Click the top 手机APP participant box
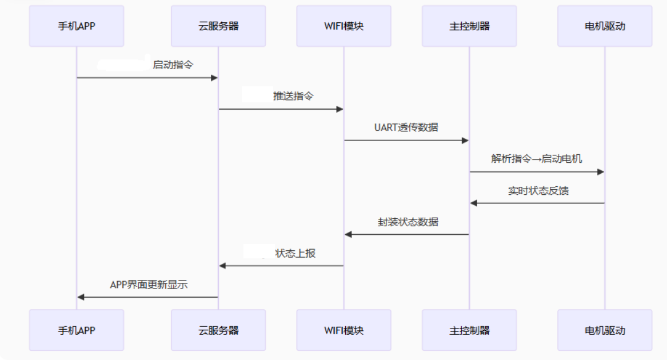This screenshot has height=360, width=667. (x=76, y=26)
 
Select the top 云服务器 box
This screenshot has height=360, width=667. (x=218, y=26)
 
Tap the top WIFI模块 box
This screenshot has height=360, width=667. (x=344, y=26)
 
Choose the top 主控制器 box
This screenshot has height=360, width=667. (x=469, y=26)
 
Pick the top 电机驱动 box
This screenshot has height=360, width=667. (x=605, y=26)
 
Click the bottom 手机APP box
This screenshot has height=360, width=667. (x=76, y=330)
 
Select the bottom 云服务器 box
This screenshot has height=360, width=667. (x=218, y=330)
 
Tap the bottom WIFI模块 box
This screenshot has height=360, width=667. (x=344, y=330)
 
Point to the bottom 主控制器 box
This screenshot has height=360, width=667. (x=469, y=330)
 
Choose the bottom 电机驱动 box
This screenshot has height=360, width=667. (x=605, y=330)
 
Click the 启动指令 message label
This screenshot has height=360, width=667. (x=173, y=65)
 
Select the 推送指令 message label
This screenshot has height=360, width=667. (x=293, y=96)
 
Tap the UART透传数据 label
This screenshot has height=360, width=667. (x=406, y=127)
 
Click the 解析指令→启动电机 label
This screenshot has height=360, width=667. (x=537, y=159)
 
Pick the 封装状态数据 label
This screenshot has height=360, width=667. (x=408, y=222)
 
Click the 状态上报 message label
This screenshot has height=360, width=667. (x=295, y=253)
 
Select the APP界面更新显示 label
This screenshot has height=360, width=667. (x=149, y=285)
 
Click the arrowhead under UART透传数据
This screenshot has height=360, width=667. (x=465, y=141)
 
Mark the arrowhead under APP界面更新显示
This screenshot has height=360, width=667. (x=81, y=297)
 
